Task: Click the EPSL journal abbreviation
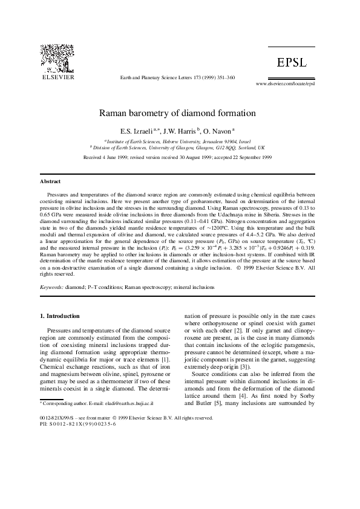tap(293, 63)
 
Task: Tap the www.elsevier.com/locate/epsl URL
tap(286, 83)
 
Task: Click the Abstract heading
tap(50, 181)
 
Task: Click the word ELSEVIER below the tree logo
tap(57, 77)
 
